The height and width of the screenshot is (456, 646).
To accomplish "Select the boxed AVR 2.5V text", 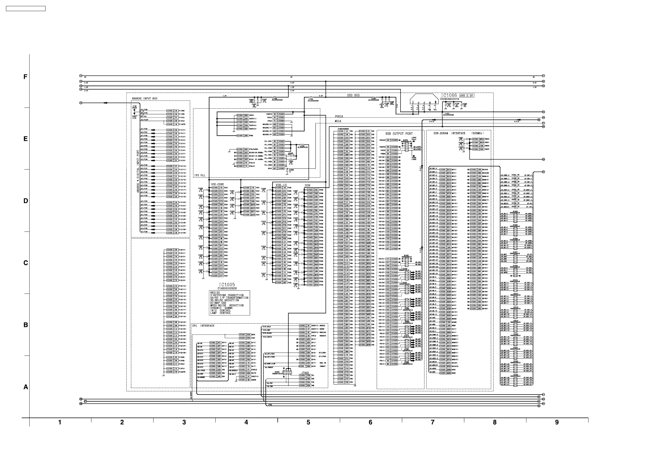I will point(466,96).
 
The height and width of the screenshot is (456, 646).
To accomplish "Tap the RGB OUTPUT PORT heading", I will point(399,134).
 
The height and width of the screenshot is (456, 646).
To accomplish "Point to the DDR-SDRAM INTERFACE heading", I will point(449,133).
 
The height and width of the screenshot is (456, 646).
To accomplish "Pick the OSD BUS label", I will point(353,95).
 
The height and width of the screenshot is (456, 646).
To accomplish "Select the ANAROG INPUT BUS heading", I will point(144,99).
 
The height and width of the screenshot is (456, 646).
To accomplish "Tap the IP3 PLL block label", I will point(200,175).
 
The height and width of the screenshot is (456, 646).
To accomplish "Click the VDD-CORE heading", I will point(218,185).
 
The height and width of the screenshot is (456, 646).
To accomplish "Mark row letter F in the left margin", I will point(25,77).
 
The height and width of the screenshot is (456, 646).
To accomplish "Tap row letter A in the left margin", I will point(25,387).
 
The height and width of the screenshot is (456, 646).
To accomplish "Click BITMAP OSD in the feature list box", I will point(218,303).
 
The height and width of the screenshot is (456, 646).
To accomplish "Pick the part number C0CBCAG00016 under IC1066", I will point(449,99).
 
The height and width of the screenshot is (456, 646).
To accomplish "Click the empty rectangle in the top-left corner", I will point(25,9).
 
